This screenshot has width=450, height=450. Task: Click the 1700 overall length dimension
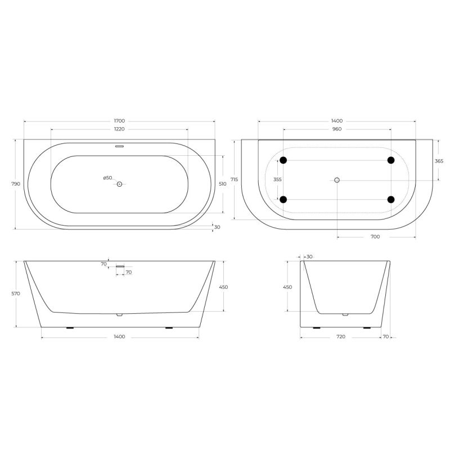[119, 121]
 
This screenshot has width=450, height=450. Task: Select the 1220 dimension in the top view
[119, 129]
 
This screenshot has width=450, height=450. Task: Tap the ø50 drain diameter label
[107, 178]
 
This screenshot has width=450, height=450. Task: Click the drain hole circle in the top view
[119, 184]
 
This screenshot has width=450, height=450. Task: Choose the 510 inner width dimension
[223, 184]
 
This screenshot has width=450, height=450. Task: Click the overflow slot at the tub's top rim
[119, 148]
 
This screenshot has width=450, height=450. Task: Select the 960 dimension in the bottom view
[337, 129]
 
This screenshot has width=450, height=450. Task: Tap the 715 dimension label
[235, 179]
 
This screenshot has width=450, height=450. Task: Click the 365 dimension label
[439, 160]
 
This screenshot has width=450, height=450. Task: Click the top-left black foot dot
[283, 160]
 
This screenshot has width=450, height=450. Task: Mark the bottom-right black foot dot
[390, 199]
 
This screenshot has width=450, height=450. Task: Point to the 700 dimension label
[375, 237]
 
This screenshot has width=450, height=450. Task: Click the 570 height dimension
[16, 294]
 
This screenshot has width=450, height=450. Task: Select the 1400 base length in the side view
[119, 337]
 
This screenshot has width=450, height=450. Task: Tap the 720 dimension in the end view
[340, 337]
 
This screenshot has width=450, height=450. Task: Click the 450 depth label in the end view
[287, 287]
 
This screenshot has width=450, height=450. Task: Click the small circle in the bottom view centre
[337, 180]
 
